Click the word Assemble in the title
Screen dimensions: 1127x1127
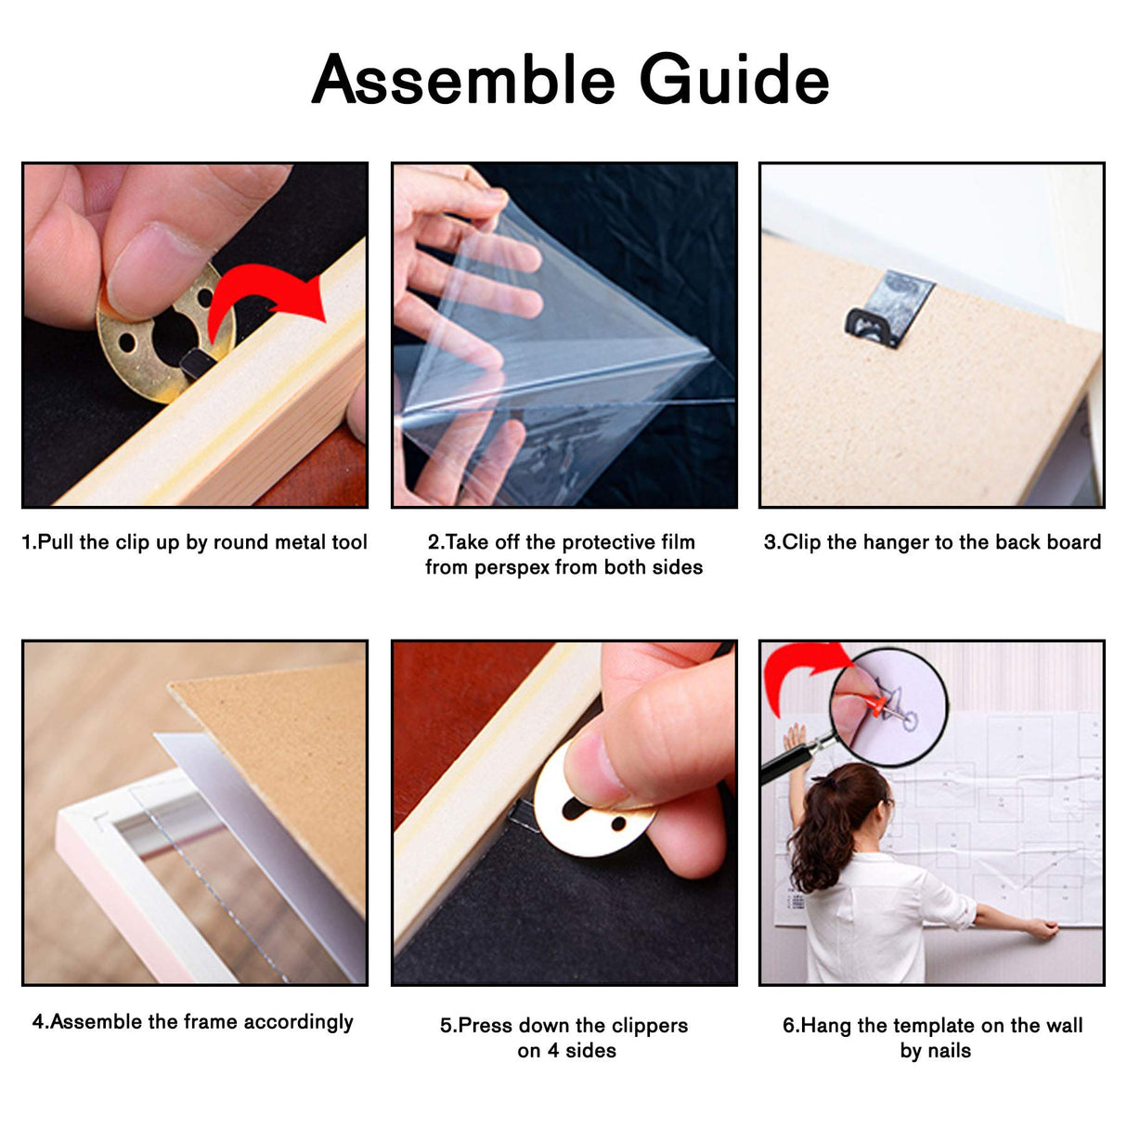click(x=463, y=78)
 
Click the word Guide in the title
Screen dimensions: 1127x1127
click(x=734, y=78)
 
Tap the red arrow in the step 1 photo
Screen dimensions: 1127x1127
click(x=266, y=298)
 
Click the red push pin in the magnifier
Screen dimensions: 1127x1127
click(x=878, y=706)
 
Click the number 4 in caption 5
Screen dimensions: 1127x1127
click(x=553, y=1051)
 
